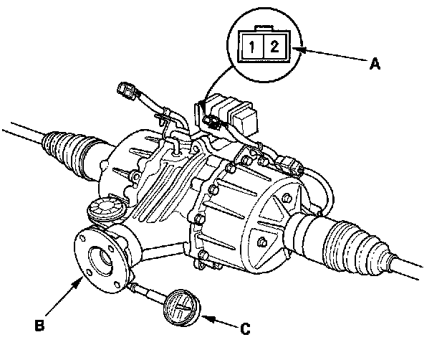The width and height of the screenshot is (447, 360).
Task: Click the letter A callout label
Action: tap(375, 63)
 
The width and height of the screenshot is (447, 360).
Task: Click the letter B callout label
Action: tap(39, 325)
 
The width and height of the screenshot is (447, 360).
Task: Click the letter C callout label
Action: tap(245, 329)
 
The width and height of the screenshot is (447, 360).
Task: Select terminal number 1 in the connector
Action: tap(251, 47)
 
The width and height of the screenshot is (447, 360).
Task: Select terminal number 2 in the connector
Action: tap(274, 46)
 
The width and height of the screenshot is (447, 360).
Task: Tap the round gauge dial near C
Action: tap(181, 307)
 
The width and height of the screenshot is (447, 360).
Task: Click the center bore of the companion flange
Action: tap(100, 260)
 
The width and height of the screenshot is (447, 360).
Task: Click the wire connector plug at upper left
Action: tap(126, 91)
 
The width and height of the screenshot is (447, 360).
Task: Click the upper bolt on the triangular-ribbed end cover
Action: tap(287, 198)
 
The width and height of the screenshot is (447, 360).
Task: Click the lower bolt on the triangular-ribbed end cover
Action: tap(261, 242)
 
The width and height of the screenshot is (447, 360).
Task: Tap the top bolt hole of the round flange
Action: tap(82, 238)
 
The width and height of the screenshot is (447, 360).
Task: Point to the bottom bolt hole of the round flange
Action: tap(117, 285)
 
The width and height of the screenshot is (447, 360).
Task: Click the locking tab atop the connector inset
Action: tap(265, 28)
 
